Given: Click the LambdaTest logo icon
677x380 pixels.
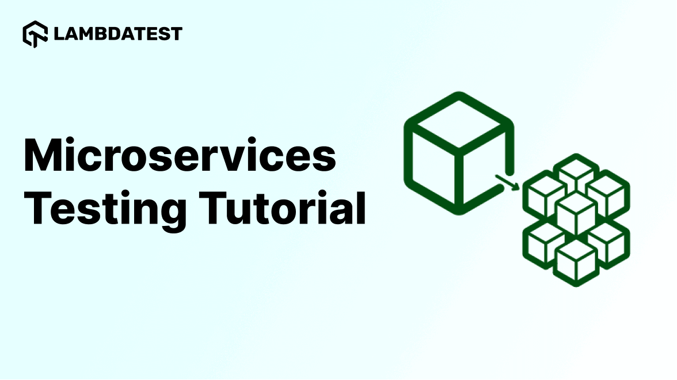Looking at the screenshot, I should click(x=35, y=34).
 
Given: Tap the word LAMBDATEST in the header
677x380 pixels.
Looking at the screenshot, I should click(x=117, y=34).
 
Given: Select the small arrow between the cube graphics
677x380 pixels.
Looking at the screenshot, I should click(x=507, y=182).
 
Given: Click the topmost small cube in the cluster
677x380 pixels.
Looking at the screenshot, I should click(x=576, y=174).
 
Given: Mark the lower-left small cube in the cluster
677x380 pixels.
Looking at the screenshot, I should click(x=544, y=241).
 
